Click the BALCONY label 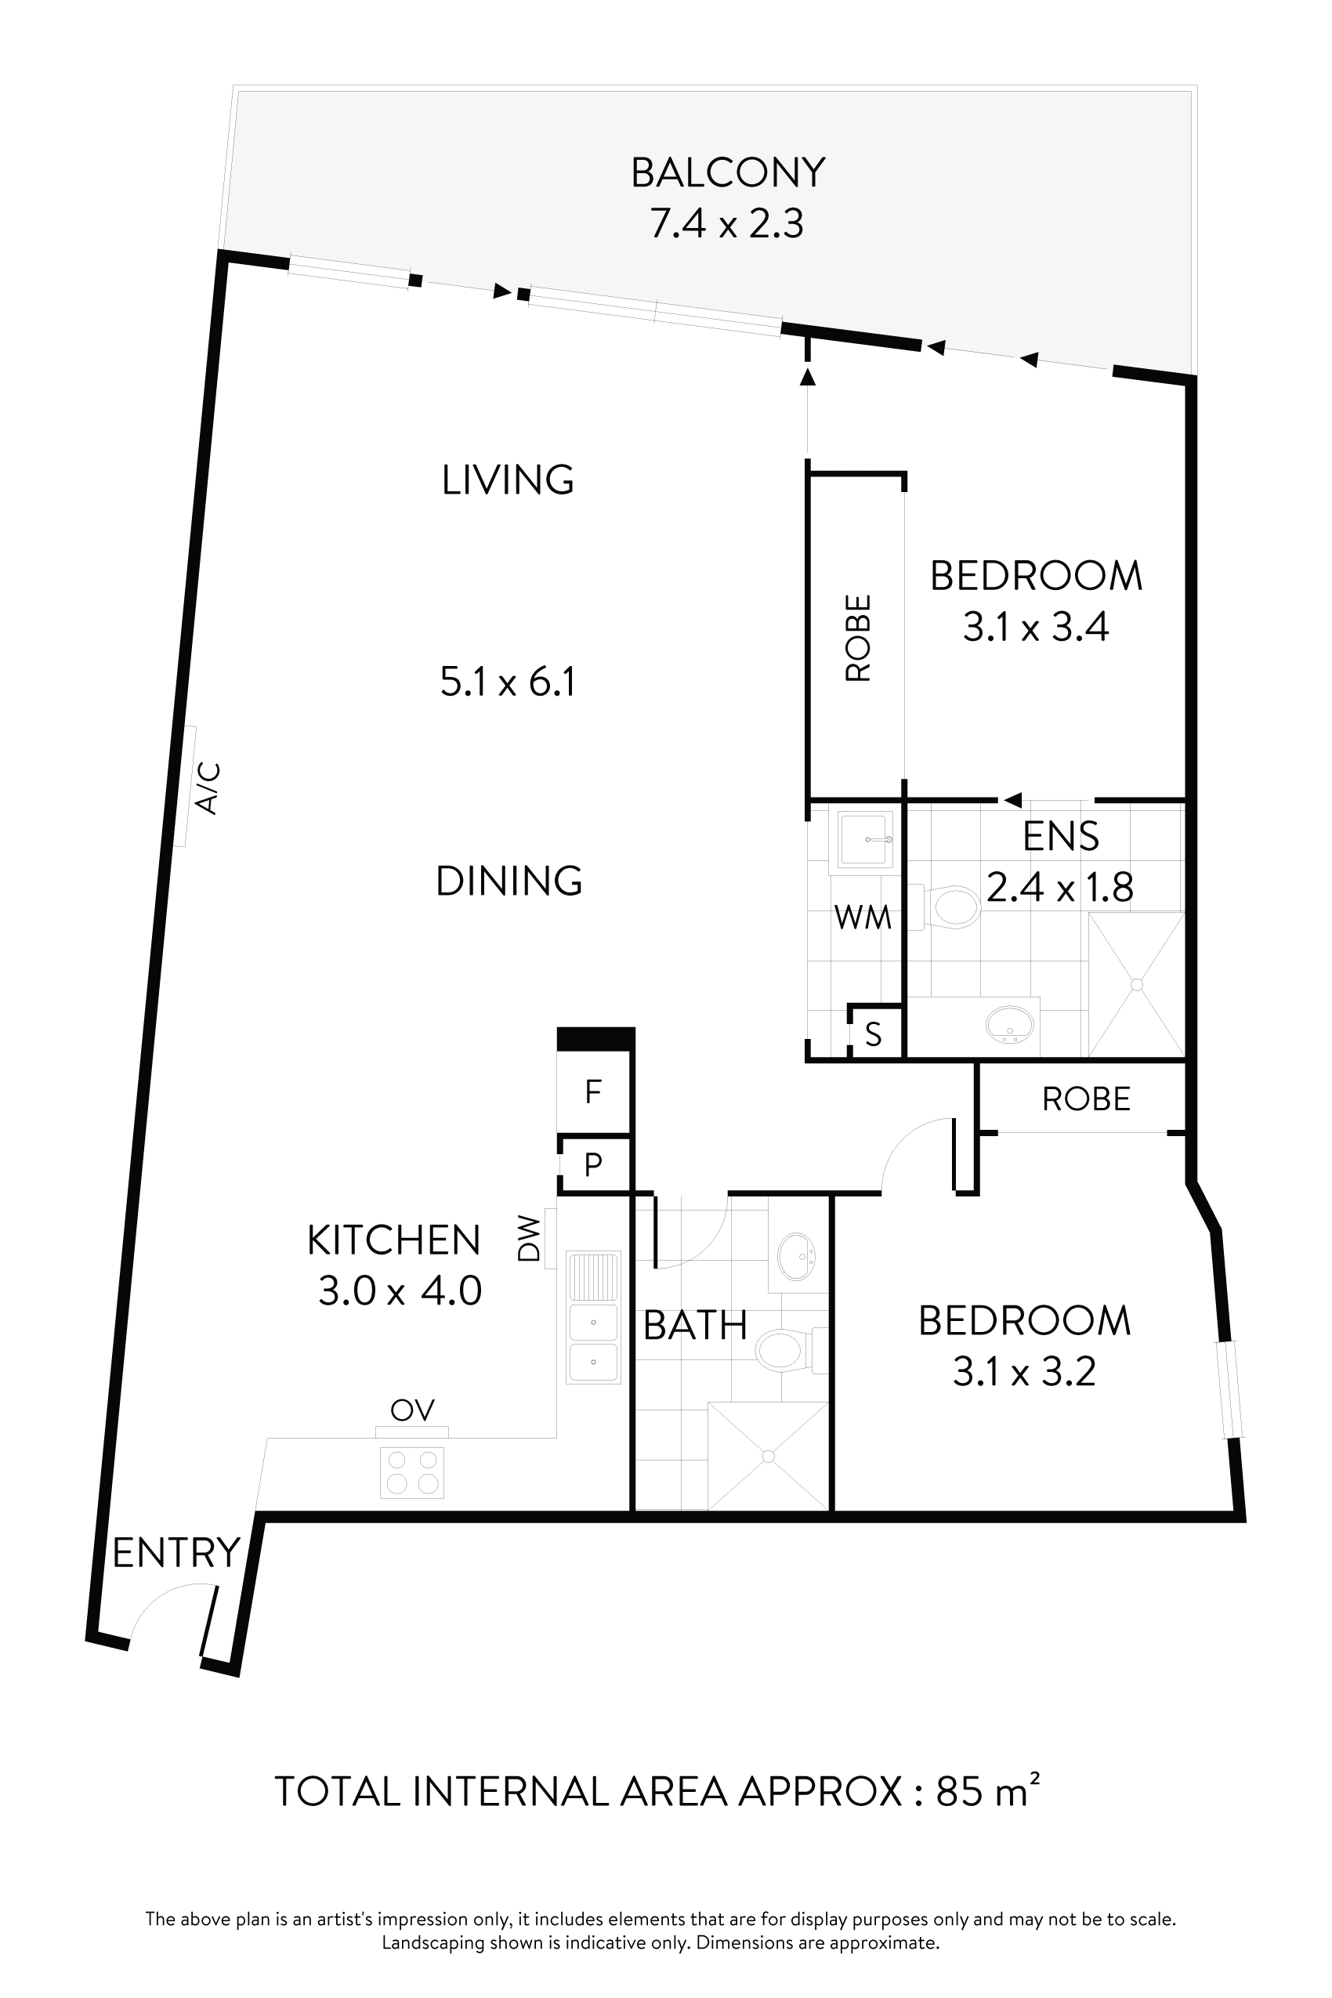(727, 173)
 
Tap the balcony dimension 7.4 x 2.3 (727, 225)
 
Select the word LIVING (508, 481)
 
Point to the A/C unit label (208, 788)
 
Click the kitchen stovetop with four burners (412, 1472)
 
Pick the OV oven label (412, 1410)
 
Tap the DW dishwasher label (529, 1240)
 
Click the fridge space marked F (594, 1091)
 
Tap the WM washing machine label (862, 918)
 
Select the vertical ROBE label (858, 638)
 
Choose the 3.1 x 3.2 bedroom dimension (1025, 1372)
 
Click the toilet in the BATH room (780, 1349)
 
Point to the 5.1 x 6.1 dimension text (508, 682)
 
